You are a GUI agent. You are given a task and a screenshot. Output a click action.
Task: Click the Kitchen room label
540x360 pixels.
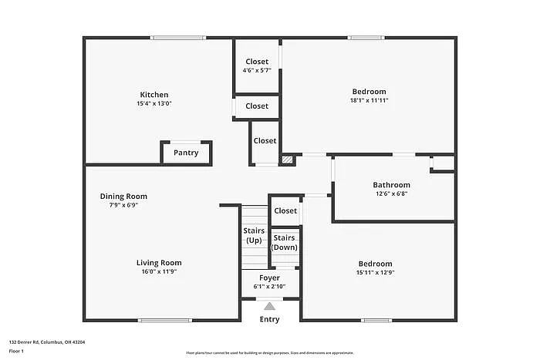coord(155,95)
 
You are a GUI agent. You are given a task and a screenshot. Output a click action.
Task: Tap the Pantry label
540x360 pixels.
coord(186,153)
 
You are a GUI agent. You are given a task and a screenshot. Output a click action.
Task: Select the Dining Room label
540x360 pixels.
coord(123,197)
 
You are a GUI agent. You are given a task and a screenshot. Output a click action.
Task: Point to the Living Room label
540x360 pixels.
coord(159,263)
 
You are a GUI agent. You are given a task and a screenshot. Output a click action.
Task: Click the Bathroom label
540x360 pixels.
coord(391,185)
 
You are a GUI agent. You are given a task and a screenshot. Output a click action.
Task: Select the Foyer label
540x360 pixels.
coord(269,278)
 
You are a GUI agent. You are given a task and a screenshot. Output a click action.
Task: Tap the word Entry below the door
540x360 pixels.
coord(269,319)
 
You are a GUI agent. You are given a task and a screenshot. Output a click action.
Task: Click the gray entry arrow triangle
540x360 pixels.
coord(269,306)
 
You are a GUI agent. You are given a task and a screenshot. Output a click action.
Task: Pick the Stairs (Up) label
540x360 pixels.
coord(254,235)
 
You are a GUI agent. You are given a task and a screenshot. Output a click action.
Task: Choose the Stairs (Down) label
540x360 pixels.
coord(285,242)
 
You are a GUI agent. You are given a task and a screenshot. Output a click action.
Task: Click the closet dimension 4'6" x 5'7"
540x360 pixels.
coord(257,70)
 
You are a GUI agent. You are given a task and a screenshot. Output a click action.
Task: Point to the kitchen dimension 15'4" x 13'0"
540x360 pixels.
coord(155,103)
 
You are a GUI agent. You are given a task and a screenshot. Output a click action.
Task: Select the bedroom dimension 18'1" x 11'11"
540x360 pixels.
coord(369,100)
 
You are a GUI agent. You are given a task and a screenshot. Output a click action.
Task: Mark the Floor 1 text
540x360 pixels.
coord(17,351)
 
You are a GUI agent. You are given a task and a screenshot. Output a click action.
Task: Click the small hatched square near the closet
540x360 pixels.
coord(287,160)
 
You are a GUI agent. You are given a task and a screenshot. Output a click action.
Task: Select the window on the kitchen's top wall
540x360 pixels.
coord(178,37)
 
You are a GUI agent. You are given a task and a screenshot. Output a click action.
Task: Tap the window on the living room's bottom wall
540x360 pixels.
coord(164,320)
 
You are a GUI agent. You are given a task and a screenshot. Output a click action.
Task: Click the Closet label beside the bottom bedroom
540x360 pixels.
coord(285,210)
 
